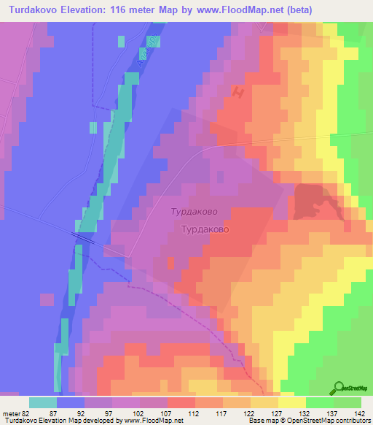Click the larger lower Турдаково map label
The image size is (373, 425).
point(205,229)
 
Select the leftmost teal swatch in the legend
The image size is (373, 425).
point(43,402)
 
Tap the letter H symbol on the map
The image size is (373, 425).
point(237,91)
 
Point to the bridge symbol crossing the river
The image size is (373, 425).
point(86,238)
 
